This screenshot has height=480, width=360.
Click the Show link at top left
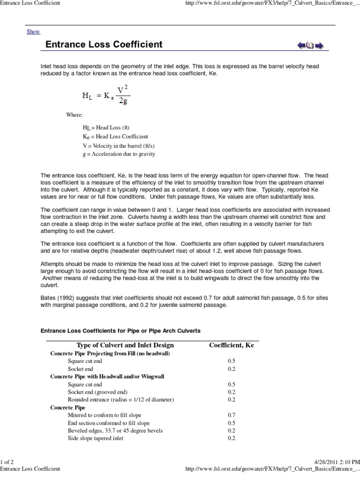(x=33, y=31)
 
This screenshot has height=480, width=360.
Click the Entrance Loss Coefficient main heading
(x=104, y=45)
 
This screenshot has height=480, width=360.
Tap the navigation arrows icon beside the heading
(x=310, y=45)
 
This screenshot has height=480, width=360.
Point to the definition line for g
(x=119, y=154)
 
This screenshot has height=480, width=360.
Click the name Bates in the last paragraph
(x=48, y=298)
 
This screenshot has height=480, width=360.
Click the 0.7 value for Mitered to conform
(x=232, y=415)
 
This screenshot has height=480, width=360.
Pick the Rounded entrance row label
(x=120, y=399)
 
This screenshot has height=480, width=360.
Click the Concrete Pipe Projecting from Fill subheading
(x=110, y=353)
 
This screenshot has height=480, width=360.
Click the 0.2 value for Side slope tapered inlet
(x=232, y=438)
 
